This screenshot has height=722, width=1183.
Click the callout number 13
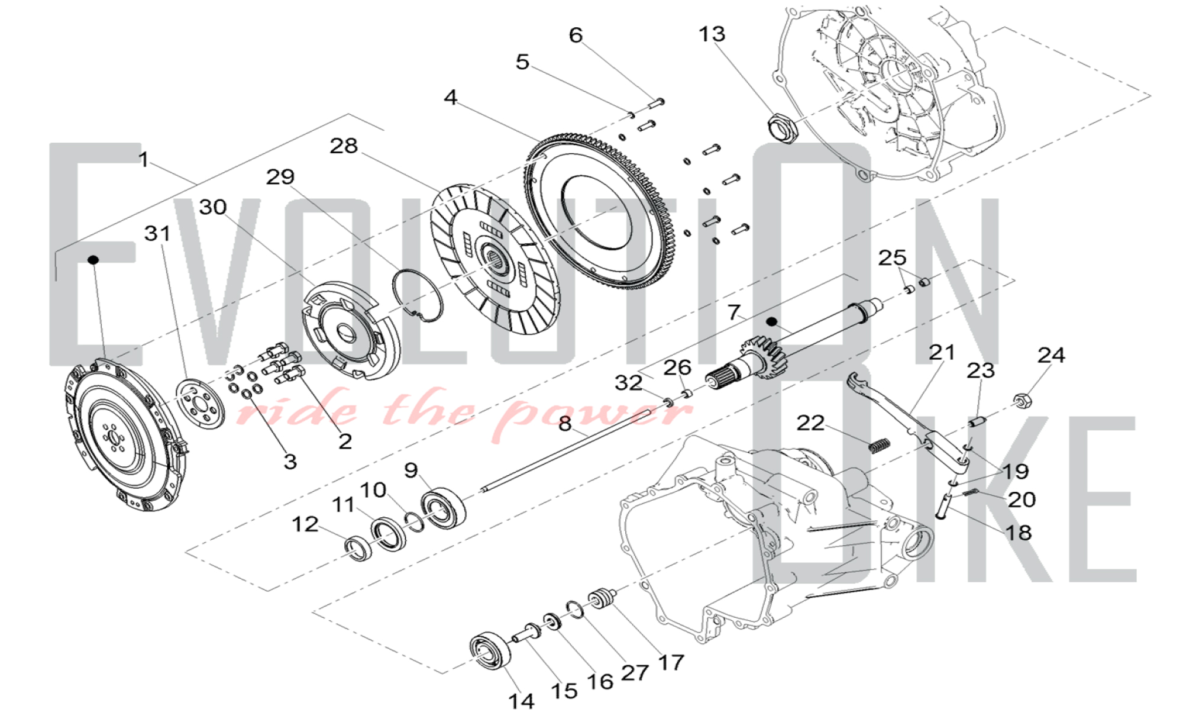pyautogui.click(x=712, y=34)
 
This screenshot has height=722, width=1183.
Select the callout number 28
pyautogui.click(x=344, y=146)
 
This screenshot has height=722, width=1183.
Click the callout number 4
pyautogui.click(x=451, y=97)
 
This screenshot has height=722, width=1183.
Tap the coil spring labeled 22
pyautogui.click(x=880, y=444)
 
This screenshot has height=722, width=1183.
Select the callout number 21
pyautogui.click(x=942, y=352)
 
